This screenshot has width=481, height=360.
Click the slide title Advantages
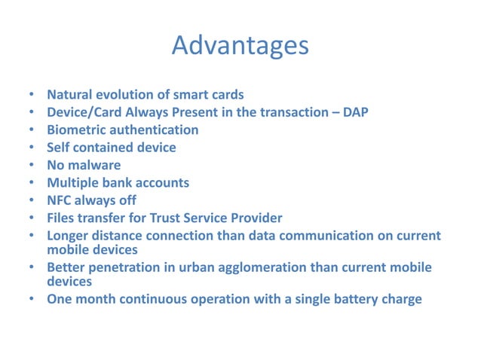[240, 45]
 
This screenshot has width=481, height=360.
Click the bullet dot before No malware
[31, 165]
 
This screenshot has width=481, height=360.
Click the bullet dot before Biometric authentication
[31, 130]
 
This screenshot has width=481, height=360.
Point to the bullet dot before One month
[31, 299]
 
